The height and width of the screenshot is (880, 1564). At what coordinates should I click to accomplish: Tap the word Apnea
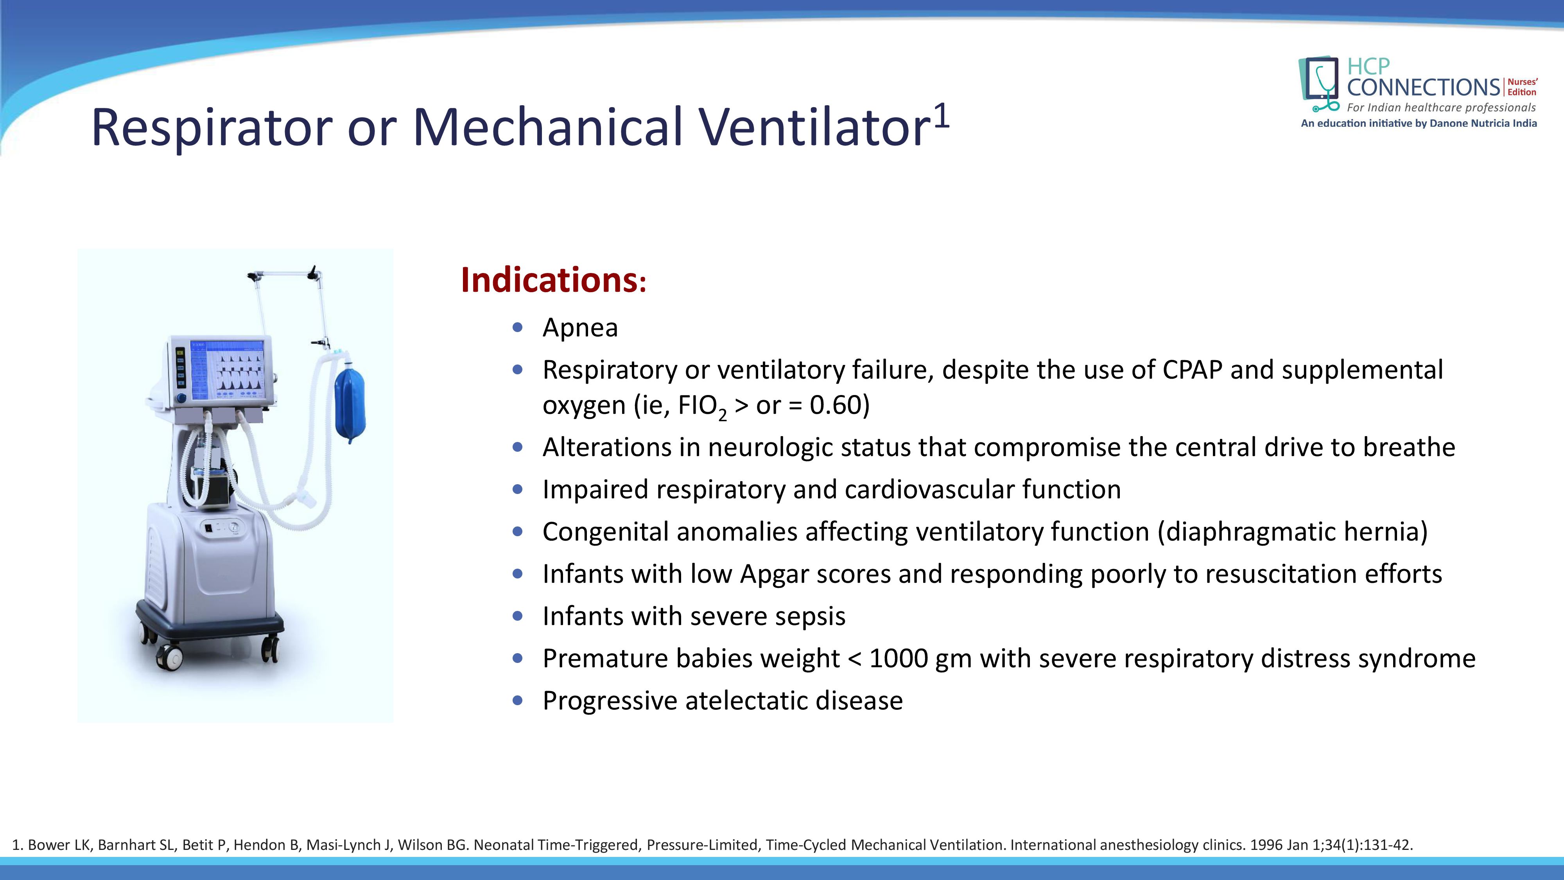point(580,328)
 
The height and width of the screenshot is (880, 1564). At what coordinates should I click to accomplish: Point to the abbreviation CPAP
point(1192,370)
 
